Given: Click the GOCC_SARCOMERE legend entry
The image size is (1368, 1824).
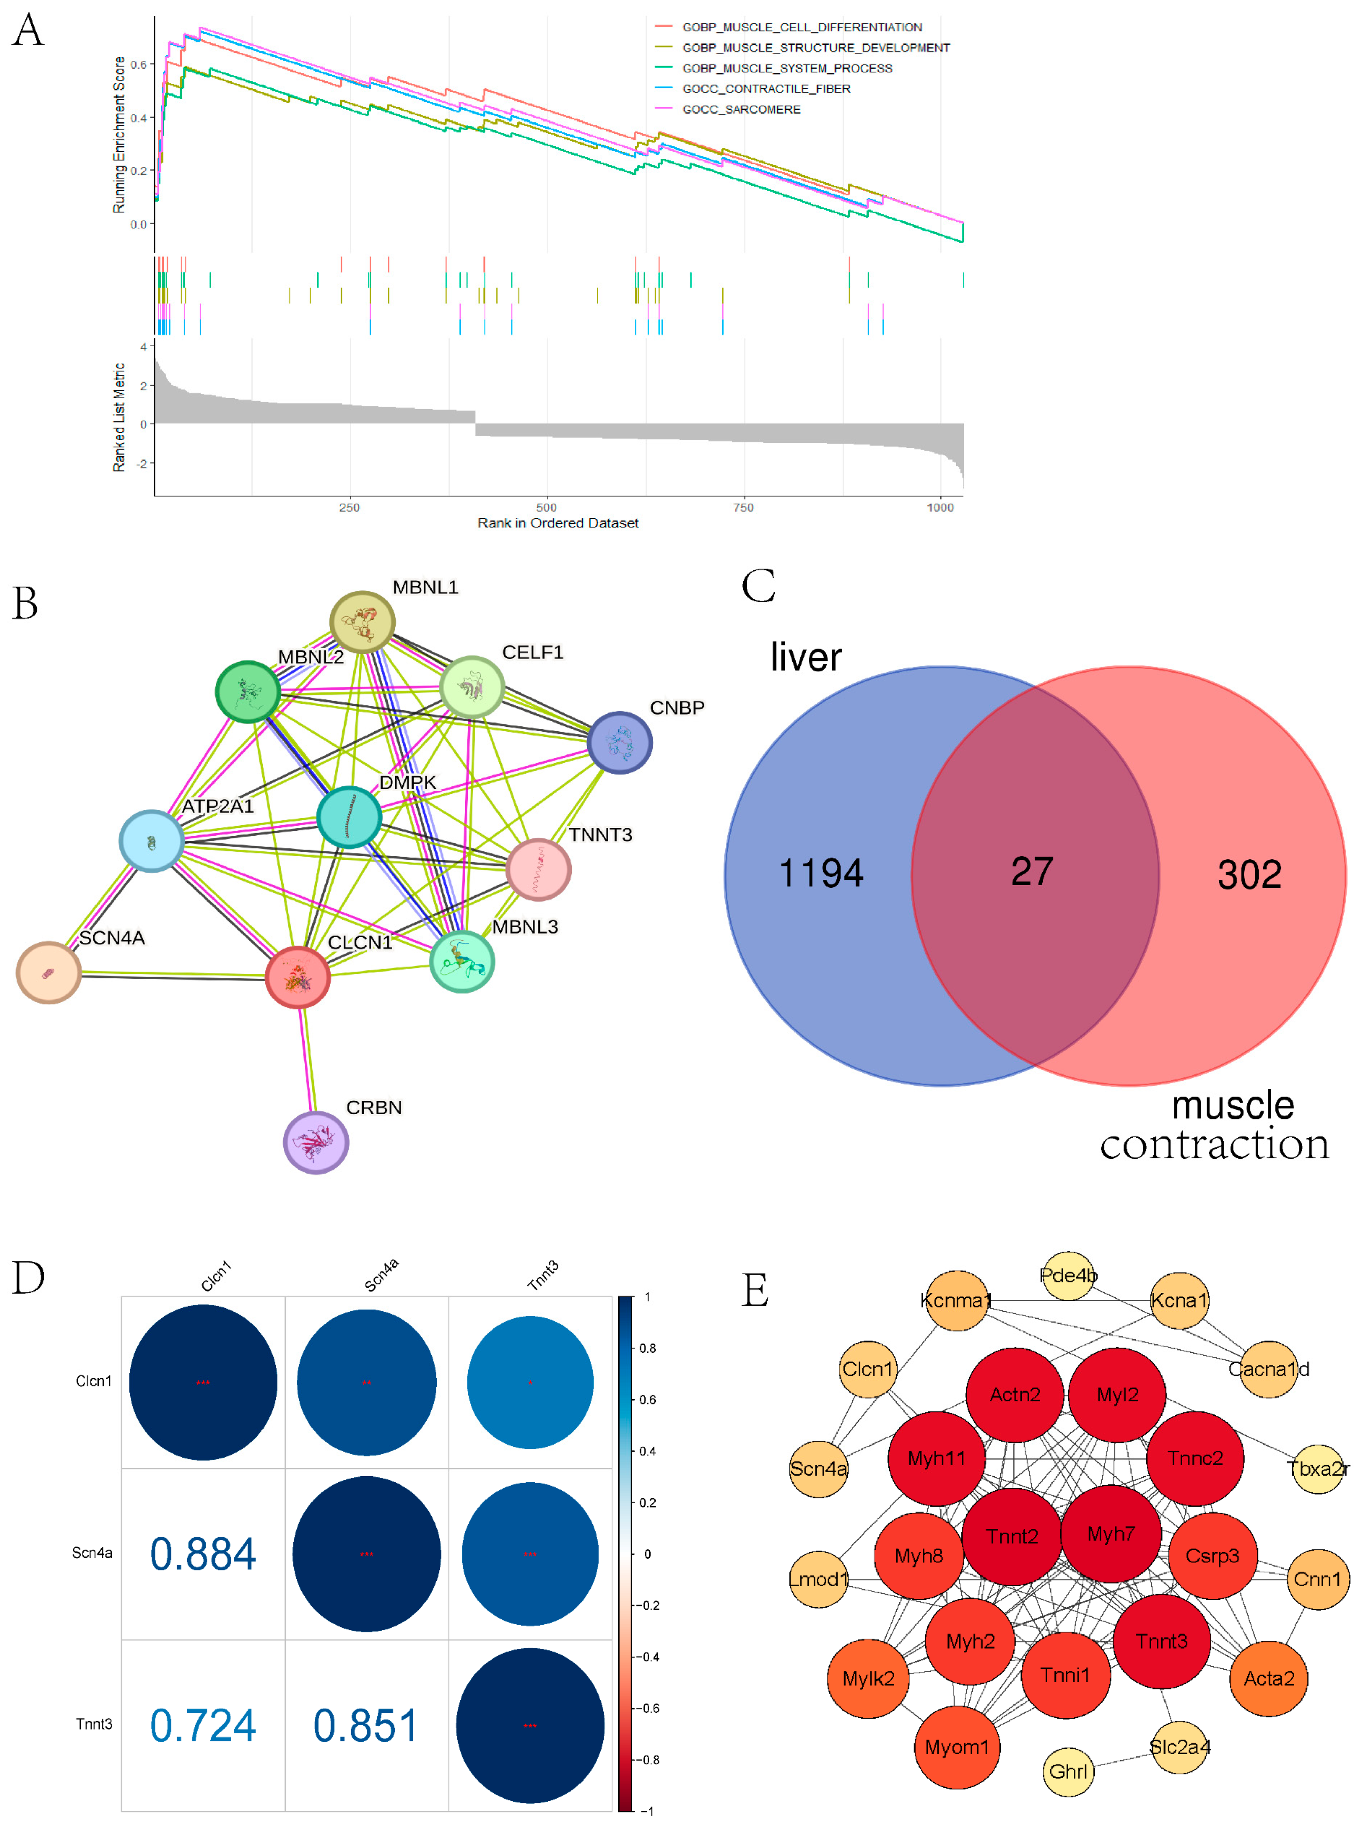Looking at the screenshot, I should pyautogui.click(x=741, y=110).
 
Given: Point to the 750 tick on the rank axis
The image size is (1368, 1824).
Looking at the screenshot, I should pyautogui.click(x=743, y=507).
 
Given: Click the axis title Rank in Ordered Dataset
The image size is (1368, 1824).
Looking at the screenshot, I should pyautogui.click(x=557, y=523).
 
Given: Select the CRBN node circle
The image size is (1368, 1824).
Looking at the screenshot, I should pyautogui.click(x=316, y=1142).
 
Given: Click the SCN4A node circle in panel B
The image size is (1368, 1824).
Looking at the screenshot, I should pyautogui.click(x=49, y=972).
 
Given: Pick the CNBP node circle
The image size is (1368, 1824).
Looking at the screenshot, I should pyautogui.click(x=619, y=742).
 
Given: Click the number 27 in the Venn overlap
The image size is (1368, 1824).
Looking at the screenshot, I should pyautogui.click(x=1031, y=872).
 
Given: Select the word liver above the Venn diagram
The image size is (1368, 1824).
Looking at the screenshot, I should pyautogui.click(x=806, y=657).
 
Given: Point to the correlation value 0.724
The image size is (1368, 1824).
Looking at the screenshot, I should pyautogui.click(x=203, y=1725).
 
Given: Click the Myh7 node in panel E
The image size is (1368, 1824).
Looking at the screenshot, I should pyautogui.click(x=1111, y=1534).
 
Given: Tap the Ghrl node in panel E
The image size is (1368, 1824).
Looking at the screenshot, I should pyautogui.click(x=1068, y=1771).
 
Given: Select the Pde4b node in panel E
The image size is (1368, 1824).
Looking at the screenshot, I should pyautogui.click(x=1068, y=1275).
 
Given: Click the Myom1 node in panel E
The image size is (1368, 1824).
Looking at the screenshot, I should pyautogui.click(x=957, y=1747).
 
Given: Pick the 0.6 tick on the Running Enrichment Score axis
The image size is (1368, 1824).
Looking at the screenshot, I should pyautogui.click(x=139, y=64).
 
